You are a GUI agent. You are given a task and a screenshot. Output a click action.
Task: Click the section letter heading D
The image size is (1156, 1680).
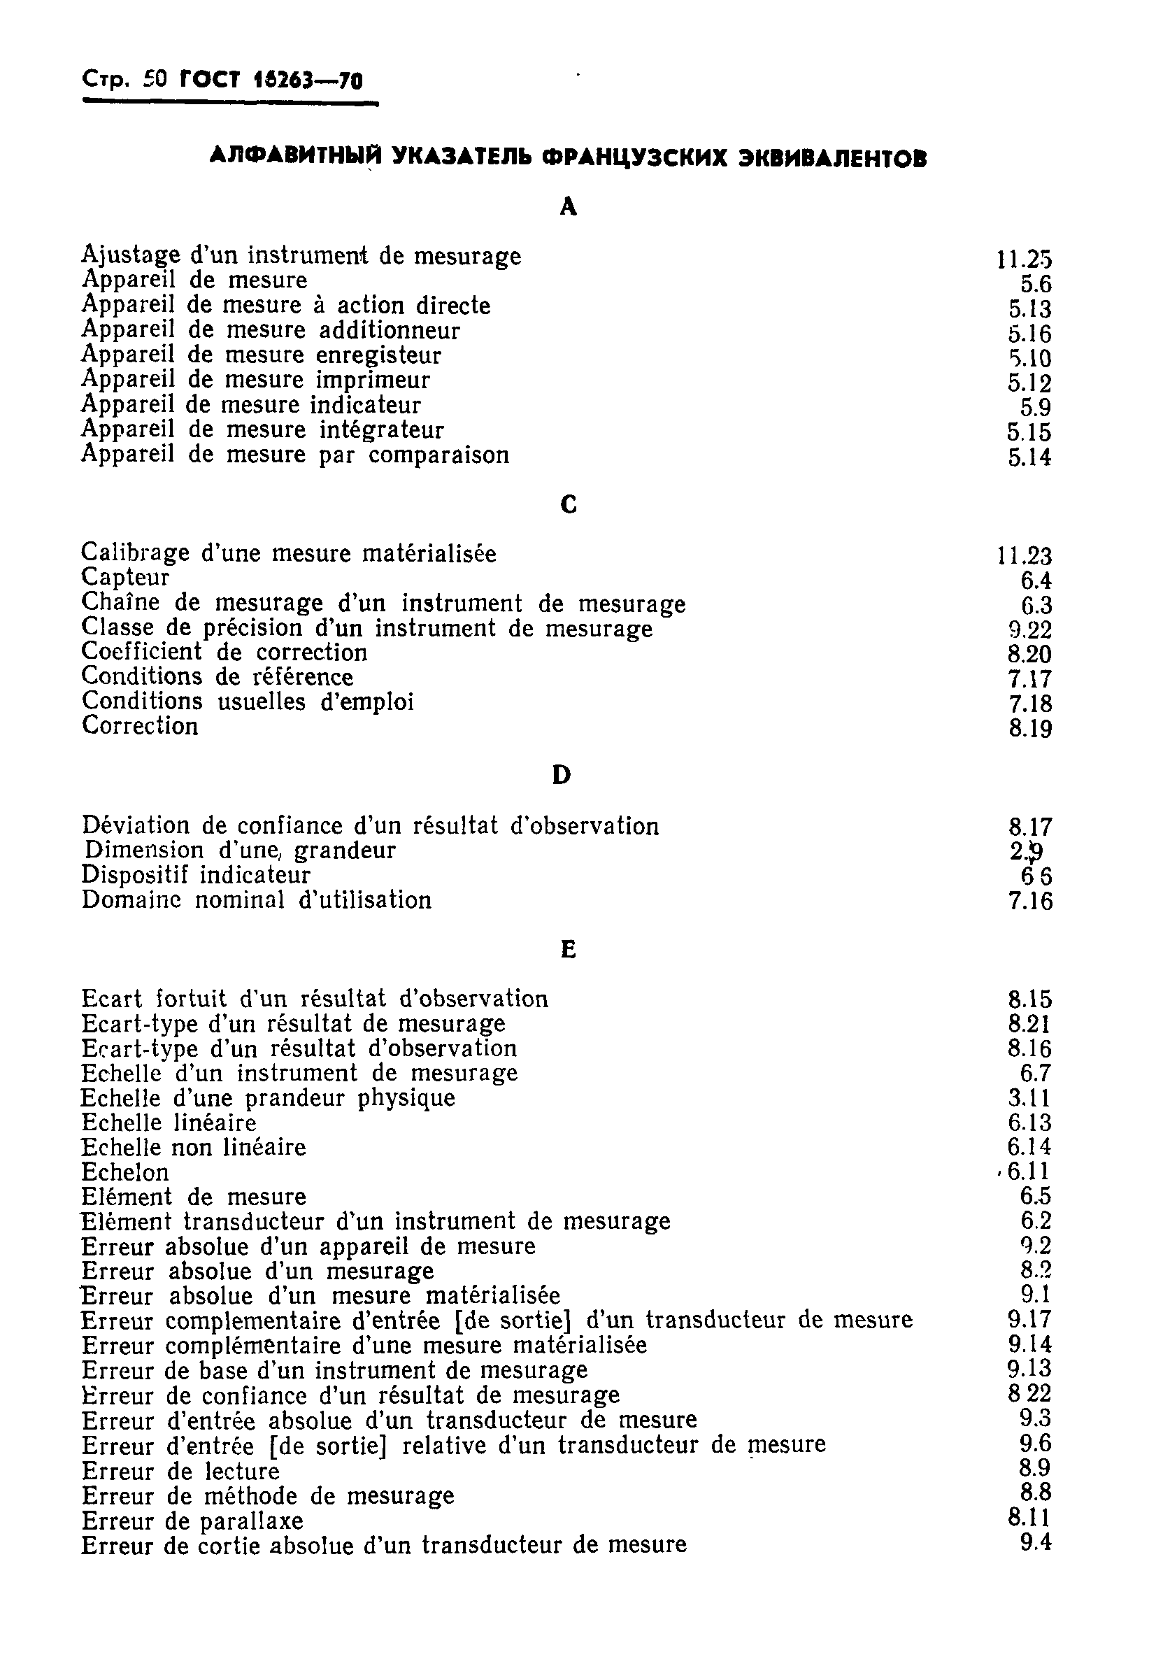tap(562, 775)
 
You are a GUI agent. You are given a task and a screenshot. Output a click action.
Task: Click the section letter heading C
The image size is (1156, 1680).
tap(569, 504)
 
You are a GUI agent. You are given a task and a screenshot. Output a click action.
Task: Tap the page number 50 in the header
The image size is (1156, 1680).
tap(155, 80)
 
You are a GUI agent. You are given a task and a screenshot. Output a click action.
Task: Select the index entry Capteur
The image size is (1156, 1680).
tap(125, 578)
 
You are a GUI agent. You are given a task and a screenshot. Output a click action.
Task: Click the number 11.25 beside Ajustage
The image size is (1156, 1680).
tap(1022, 259)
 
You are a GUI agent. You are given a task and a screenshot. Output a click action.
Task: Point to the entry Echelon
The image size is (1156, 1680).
tap(124, 1172)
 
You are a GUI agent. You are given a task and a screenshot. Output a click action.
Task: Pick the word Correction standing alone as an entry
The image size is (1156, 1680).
tap(140, 726)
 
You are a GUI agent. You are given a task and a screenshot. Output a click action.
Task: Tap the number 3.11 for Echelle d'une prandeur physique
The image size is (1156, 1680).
tap(1029, 1098)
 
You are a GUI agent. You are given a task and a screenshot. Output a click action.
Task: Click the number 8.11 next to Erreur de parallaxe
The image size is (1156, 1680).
tap(1029, 1518)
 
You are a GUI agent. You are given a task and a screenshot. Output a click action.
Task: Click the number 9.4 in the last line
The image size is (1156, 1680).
tap(1035, 1542)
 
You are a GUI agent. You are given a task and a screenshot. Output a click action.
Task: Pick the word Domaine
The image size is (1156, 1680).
tap(122, 899)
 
